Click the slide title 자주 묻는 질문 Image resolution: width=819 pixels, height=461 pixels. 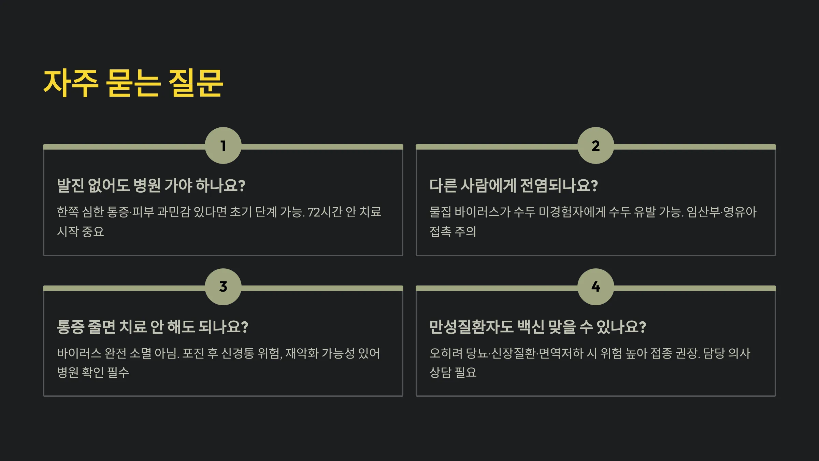[x=133, y=83]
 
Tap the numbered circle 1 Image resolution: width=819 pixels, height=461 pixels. [x=223, y=146]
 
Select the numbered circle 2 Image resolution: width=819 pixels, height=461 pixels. [x=595, y=146]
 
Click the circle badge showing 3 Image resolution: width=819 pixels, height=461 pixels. [x=223, y=287]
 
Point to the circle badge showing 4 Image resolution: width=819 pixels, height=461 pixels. [x=595, y=287]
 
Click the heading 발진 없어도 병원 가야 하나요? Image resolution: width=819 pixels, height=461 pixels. [x=151, y=186]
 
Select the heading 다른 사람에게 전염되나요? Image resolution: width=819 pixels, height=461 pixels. [x=513, y=186]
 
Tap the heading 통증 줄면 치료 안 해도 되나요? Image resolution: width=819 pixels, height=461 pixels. [x=152, y=327]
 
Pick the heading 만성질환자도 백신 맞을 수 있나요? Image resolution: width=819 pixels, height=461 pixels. [x=537, y=327]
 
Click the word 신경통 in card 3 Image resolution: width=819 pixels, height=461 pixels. [x=238, y=353]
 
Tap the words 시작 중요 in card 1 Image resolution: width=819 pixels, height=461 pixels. [x=81, y=232]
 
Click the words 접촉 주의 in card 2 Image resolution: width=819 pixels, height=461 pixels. [x=453, y=232]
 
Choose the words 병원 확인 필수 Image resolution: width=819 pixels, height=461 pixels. [x=93, y=373]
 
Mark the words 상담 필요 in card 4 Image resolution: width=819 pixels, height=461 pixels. [x=453, y=373]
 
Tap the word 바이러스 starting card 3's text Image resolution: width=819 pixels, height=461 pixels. [x=79, y=353]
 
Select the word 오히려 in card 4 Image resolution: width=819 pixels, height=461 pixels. [x=446, y=353]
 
